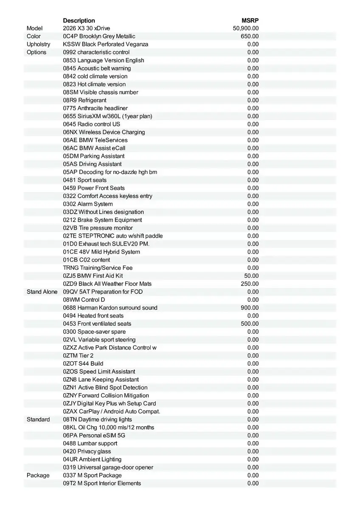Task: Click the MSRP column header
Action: tap(250, 20)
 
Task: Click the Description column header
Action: tap(79, 20)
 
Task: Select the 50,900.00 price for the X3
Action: tap(246, 28)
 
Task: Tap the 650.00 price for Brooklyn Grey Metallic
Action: tap(250, 36)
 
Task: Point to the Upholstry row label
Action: tap(38, 44)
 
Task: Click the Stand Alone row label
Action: tap(42, 292)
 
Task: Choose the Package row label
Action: tap(38, 475)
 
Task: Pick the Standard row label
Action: tap(38, 420)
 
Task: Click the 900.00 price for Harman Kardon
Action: tap(250, 308)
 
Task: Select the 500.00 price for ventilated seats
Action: tap(250, 324)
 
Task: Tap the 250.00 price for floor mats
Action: tap(250, 284)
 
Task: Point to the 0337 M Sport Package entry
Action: tap(92, 475)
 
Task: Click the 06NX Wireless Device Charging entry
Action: tap(104, 132)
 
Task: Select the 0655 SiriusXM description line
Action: tap(107, 116)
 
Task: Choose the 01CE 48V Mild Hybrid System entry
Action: tap(101, 252)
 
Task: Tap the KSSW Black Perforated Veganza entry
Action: tap(106, 44)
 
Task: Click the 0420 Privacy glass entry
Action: tap(87, 451)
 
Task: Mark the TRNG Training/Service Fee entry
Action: tap(98, 268)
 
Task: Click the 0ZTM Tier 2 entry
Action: tap(78, 355)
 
